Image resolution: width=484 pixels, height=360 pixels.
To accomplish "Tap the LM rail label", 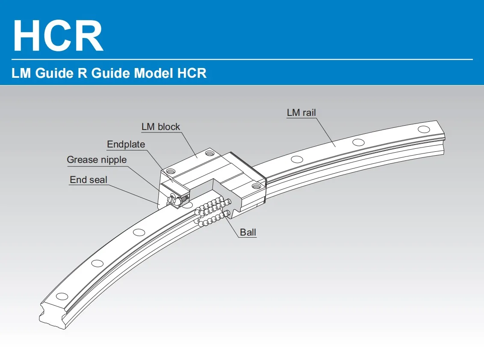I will coord(301,113).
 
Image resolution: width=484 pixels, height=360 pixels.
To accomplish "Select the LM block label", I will coord(161,127).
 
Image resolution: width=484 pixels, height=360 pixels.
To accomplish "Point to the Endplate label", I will coord(126,145).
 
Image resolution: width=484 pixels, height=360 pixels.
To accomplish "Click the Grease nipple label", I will coord(97,160).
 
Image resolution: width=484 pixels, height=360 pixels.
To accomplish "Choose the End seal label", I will coord(89,180).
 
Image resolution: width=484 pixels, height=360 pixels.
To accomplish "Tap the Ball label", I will coord(248,233).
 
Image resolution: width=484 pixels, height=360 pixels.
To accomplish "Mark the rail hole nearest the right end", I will coord(424,129).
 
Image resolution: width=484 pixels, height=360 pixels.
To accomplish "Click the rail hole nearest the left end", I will coord(62,296).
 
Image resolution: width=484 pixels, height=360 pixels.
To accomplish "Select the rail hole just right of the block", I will coord(296,159).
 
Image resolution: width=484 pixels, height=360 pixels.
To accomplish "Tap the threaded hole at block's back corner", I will coord(209,153).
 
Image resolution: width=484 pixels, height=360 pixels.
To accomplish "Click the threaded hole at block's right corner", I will coord(256,186).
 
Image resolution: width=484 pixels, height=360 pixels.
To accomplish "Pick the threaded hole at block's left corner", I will coord(171,171).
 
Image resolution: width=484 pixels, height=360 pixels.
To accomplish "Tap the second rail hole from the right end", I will coord(358,142).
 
